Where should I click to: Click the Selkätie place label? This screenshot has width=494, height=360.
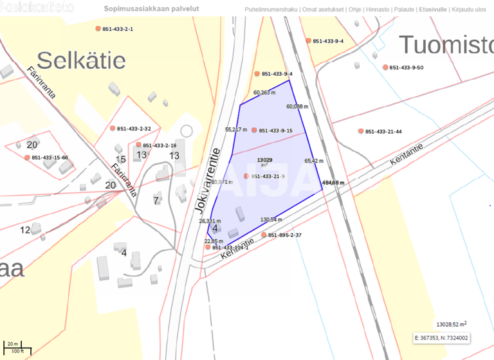[x=81, y=60]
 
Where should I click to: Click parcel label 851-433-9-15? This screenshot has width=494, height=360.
[x=275, y=130]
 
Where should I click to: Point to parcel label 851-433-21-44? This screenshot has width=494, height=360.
[x=383, y=132]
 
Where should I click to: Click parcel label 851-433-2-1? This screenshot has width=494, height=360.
[x=117, y=29]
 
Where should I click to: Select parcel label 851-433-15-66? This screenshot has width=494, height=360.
[x=50, y=157]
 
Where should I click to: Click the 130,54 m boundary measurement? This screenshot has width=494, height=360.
[x=271, y=220]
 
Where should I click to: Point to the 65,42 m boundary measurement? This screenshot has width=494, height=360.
[x=314, y=161]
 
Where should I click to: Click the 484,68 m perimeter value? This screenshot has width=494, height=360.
[x=334, y=183]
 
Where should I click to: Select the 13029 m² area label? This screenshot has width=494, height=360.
[x=264, y=160]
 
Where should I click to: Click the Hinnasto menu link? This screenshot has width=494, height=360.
[x=377, y=10]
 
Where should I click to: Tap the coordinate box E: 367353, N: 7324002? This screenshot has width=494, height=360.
[x=442, y=337]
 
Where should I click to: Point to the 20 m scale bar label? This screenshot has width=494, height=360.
[x=12, y=344]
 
